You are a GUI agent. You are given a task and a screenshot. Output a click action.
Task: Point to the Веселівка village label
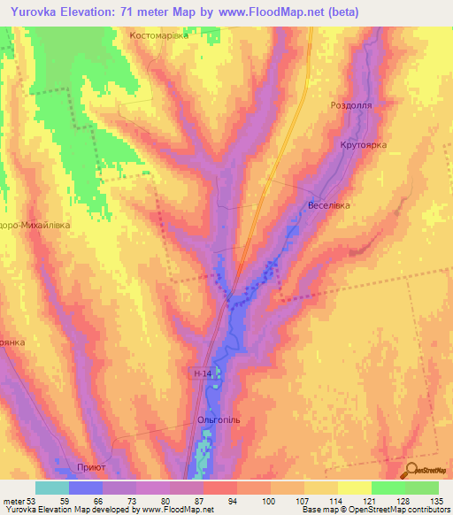pos(328,205)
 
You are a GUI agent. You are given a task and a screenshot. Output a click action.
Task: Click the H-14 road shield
pos(203,375)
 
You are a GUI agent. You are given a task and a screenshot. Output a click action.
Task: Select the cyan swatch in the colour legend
pos(52,488)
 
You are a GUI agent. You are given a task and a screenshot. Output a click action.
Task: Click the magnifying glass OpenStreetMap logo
pos(411,469)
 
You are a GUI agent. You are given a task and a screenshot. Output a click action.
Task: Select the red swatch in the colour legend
pos(219,488)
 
